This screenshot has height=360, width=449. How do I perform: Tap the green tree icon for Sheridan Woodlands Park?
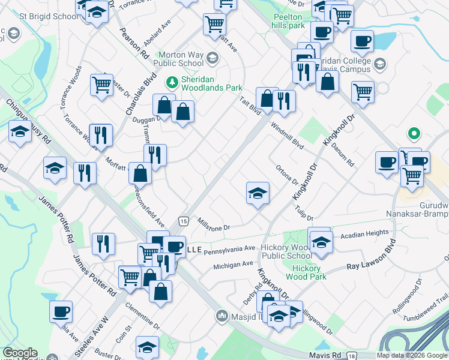[172, 80]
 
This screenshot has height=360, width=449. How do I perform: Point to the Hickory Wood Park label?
[306, 272]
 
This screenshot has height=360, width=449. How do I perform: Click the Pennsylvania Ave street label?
[230, 249]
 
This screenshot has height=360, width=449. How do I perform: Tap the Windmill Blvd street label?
[287, 135]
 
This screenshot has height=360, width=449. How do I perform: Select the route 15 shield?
[182, 222]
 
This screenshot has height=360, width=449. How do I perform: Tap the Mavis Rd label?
[330, 355]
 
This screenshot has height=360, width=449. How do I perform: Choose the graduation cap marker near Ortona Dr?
[258, 193]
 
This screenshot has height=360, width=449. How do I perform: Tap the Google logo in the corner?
[20, 353]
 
